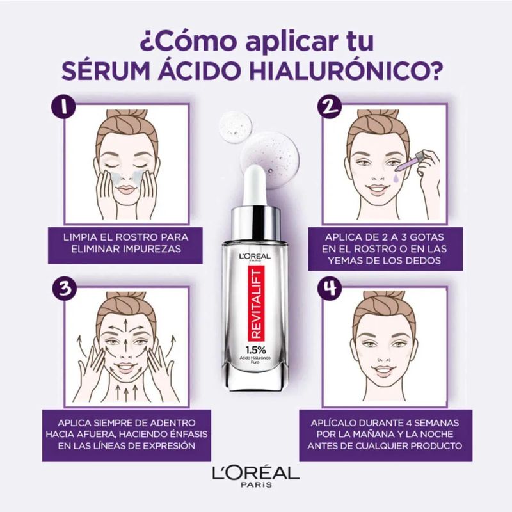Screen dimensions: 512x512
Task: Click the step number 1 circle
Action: tap(63, 106)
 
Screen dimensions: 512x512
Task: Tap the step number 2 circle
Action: tap(330, 106)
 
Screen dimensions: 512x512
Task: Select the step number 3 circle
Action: tap(65, 289)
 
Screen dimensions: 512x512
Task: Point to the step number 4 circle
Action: tap(330, 289)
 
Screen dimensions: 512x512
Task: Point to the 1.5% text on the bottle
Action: tap(255, 350)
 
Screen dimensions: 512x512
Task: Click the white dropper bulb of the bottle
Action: tap(255, 185)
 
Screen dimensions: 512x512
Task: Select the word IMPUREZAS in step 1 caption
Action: tap(152, 249)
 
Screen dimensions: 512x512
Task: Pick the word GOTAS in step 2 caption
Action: tap(427, 237)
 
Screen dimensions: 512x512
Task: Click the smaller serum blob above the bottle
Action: tap(235, 125)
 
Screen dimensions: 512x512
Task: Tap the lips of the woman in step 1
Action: tap(127, 189)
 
